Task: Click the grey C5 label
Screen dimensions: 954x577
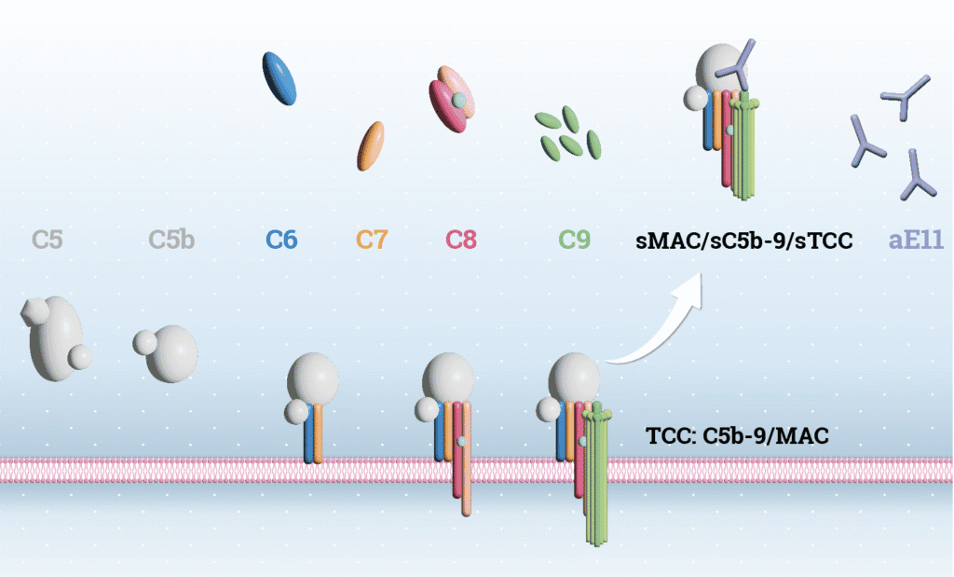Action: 48,240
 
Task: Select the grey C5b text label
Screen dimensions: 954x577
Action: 171,240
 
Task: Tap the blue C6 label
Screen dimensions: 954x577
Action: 281,240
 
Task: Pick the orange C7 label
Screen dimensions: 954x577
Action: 372,240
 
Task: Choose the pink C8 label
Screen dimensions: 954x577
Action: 461,240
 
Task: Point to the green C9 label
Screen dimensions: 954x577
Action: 575,240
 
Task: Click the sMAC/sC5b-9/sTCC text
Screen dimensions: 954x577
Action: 744,241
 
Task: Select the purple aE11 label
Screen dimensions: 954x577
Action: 917,240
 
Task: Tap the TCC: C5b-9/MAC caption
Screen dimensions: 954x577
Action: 738,436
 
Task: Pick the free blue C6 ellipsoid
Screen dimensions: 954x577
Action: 279,78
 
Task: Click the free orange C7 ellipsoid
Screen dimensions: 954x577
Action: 371,146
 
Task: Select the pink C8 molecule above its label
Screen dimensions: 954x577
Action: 452,99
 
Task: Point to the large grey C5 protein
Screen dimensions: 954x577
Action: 56,338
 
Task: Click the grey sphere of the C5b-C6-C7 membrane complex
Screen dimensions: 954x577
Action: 312,378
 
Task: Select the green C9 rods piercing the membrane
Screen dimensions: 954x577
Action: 596,474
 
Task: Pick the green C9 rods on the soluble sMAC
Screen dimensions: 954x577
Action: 744,146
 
